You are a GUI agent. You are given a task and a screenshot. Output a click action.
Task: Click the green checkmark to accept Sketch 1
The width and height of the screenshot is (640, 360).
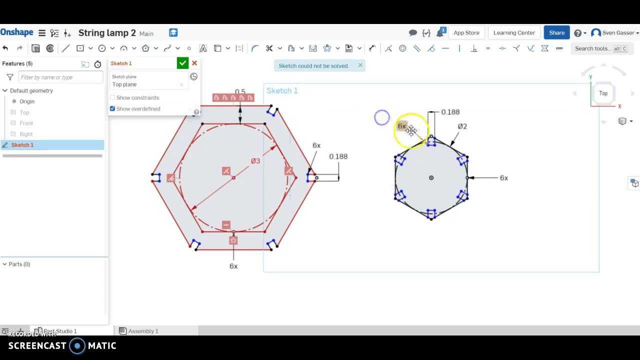point(182,63)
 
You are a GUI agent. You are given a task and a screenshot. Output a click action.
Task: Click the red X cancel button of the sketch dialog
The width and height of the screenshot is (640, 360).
point(194,63)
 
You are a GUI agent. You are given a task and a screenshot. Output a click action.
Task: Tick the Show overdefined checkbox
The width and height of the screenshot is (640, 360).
point(112,108)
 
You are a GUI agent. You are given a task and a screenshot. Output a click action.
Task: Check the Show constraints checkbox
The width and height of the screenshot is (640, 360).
point(112,97)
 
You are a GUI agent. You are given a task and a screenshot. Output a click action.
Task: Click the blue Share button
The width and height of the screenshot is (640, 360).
point(556,33)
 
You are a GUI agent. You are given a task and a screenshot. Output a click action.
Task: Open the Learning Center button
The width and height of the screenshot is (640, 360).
point(514,33)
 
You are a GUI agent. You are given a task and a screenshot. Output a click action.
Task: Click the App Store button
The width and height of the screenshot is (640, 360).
point(466,33)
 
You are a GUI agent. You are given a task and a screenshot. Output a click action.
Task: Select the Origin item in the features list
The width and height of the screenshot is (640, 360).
point(27,101)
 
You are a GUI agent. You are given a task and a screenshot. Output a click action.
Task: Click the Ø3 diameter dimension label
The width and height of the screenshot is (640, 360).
point(255,161)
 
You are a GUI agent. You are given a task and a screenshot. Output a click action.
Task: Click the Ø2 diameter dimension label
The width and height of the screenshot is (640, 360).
point(462,126)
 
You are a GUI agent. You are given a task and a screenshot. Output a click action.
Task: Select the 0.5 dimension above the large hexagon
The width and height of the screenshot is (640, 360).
point(240,92)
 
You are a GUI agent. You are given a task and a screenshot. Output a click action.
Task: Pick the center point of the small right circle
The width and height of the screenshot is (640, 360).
point(431,177)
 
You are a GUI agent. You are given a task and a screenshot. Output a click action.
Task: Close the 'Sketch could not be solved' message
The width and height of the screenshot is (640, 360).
point(360,65)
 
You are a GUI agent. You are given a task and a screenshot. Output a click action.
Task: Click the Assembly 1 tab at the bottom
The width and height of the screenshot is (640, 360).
point(143,331)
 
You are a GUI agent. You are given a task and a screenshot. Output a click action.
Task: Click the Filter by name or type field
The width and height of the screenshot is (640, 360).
point(60,77)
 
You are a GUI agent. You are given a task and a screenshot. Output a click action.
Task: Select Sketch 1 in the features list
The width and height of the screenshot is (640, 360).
point(22,145)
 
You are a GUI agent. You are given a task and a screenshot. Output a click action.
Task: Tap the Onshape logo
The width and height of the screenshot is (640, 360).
point(17,33)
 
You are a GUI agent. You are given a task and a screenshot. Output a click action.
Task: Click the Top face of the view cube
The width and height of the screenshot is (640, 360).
point(603,93)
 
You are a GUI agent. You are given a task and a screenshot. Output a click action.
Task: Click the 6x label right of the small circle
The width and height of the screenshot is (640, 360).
point(503,178)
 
